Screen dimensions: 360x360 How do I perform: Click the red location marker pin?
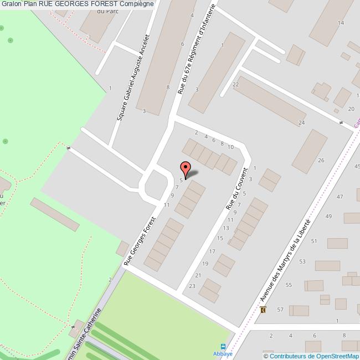click(x=186, y=168)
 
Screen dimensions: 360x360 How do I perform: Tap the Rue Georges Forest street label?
click(x=140, y=240)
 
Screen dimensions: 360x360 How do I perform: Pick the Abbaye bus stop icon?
click(x=223, y=344)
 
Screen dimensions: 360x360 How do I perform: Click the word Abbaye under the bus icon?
click(x=223, y=352)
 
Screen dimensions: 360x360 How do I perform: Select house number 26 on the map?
click(x=321, y=160)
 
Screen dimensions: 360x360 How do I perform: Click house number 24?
click(x=301, y=122)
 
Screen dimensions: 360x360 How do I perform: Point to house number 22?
click(x=235, y=84)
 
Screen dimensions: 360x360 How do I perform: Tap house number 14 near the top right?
click(x=341, y=23)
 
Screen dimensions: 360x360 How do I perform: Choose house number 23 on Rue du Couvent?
click(x=192, y=286)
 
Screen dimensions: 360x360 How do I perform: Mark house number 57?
click(x=280, y=309)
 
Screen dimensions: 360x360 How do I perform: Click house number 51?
click(x=314, y=241)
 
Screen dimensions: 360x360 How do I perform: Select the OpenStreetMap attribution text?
click(x=310, y=356)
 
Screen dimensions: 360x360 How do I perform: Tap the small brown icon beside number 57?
click(x=263, y=310)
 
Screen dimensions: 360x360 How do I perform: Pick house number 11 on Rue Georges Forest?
click(x=166, y=205)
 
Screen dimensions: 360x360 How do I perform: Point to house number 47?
click(x=340, y=197)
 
